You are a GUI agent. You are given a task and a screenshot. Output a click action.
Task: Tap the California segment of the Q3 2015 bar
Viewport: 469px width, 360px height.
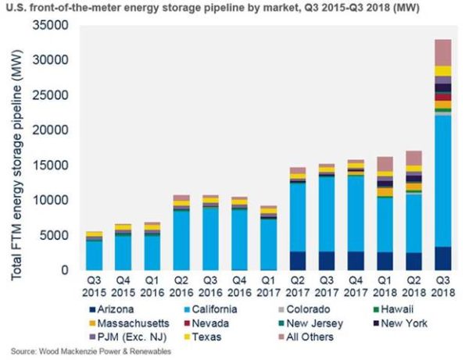click(95, 255)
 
